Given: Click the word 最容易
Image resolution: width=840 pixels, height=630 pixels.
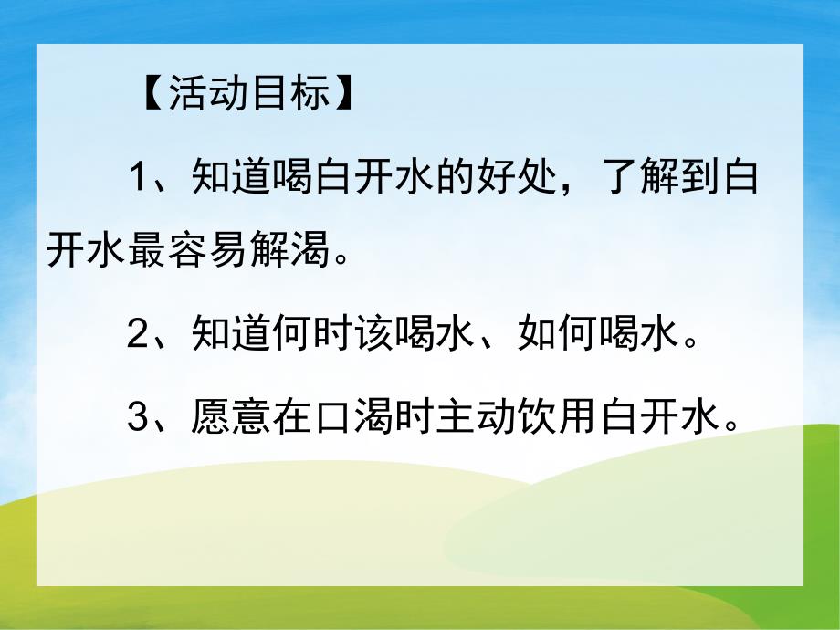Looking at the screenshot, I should (x=188, y=247).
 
